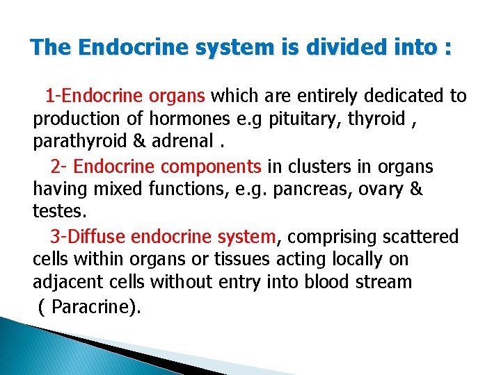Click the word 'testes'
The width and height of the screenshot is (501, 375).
pyautogui.click(x=58, y=210)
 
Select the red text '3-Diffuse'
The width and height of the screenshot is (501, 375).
pyautogui.click(x=87, y=237)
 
